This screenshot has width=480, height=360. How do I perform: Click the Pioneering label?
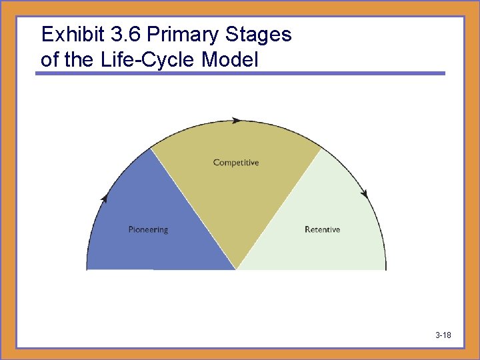pyautogui.click(x=148, y=230)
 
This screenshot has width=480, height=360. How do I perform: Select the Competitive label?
pyautogui.click(x=236, y=163)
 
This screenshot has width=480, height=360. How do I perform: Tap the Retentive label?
pyautogui.click(x=322, y=230)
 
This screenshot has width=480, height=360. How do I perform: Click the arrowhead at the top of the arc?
pyautogui.click(x=237, y=121)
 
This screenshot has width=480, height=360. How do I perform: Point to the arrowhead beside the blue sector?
pyautogui.click(x=104, y=198)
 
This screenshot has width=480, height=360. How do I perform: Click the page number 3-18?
pyautogui.click(x=443, y=335)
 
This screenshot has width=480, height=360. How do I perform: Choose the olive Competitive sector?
pyautogui.click(x=236, y=193)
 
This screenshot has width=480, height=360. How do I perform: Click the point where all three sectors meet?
pyautogui.click(x=237, y=269)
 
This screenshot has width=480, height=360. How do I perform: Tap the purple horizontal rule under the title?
pyautogui.click(x=240, y=73)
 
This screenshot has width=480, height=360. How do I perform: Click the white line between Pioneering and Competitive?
pyautogui.click(x=193, y=208)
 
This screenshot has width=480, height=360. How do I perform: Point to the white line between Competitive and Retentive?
pyautogui.click(x=279, y=208)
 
